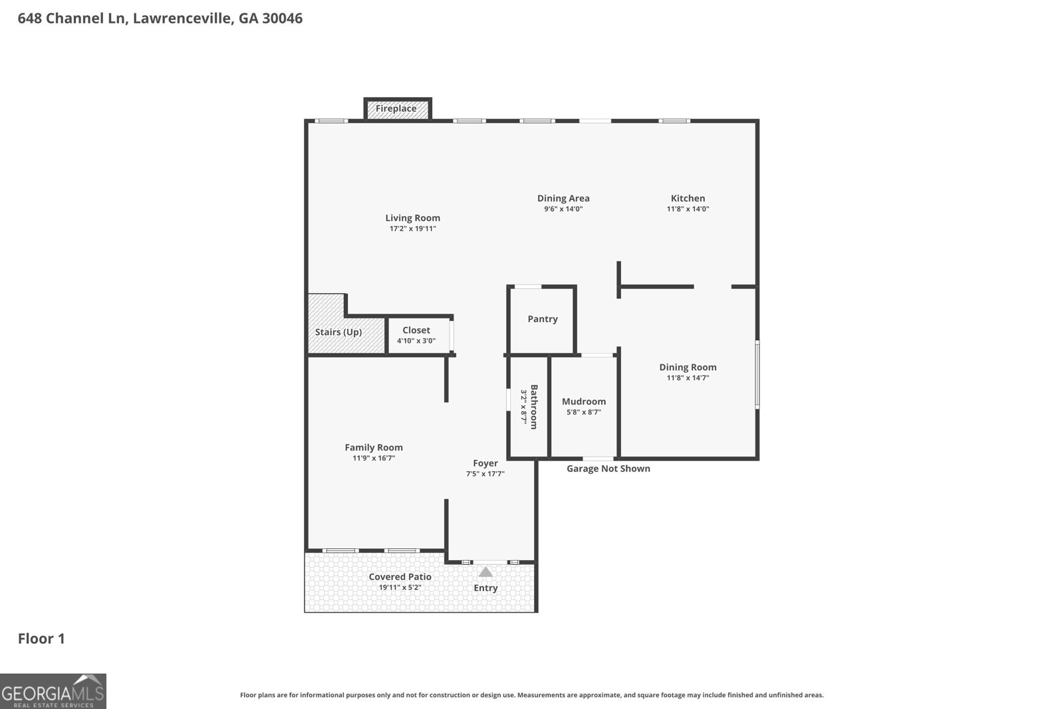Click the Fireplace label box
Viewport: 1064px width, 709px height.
(x=396, y=109)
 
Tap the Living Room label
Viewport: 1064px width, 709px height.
(x=412, y=218)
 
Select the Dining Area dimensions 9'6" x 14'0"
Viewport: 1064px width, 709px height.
(x=563, y=209)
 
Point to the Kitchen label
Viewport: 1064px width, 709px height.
(x=688, y=198)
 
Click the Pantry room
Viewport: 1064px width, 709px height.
(x=542, y=320)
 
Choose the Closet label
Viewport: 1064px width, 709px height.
(x=416, y=330)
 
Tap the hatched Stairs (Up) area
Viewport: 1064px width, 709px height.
(x=339, y=331)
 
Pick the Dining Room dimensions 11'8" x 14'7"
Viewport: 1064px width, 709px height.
(x=688, y=378)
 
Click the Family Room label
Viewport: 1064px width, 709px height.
(x=374, y=447)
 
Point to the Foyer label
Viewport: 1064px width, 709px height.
(x=485, y=463)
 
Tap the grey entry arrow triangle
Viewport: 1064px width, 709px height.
(x=486, y=572)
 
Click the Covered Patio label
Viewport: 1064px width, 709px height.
(x=400, y=577)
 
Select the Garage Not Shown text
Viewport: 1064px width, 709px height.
(x=608, y=469)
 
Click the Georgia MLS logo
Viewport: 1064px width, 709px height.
(x=53, y=691)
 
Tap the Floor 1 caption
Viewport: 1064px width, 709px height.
(x=41, y=639)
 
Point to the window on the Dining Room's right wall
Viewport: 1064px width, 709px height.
(x=757, y=374)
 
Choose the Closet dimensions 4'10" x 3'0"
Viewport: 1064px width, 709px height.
(x=416, y=341)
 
